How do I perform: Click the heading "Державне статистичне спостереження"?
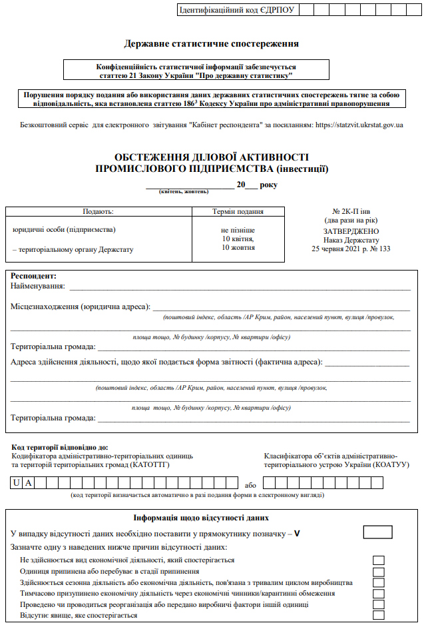[211, 44]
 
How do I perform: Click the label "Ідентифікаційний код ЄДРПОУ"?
[236, 10]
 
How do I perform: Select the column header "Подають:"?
[98, 211]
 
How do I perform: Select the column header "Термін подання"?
[238, 211]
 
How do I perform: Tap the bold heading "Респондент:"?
[34, 276]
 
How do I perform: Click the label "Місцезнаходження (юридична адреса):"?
[81, 307]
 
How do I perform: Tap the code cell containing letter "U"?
[16, 482]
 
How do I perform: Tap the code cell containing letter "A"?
[29, 482]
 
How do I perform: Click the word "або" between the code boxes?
[250, 485]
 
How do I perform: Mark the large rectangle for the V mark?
[378, 532]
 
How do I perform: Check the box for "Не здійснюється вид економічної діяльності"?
[379, 560]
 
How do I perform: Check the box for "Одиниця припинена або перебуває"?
[379, 572]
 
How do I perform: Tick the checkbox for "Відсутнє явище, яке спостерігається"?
[379, 615]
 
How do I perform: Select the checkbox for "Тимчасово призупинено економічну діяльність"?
[379, 593]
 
